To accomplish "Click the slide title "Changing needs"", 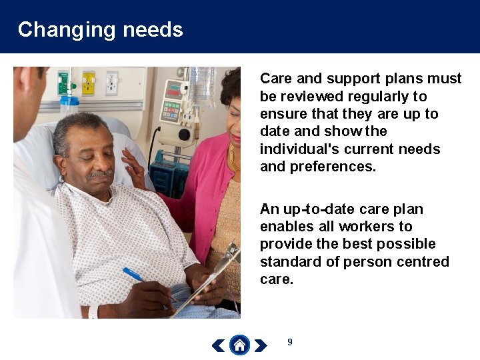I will (x=100, y=29).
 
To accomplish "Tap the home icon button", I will (x=239, y=345).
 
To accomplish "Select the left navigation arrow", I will (x=219, y=345).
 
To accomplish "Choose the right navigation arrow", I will (x=261, y=345).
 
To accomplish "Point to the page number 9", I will (x=289, y=342).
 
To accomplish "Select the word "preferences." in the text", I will (x=333, y=166).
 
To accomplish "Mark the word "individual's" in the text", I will (x=295, y=149).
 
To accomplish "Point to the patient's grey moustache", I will (x=100, y=174).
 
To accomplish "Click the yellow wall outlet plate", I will (x=88, y=83).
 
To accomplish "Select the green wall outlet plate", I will (x=65, y=83).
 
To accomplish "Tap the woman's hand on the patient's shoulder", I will (x=133, y=166).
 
